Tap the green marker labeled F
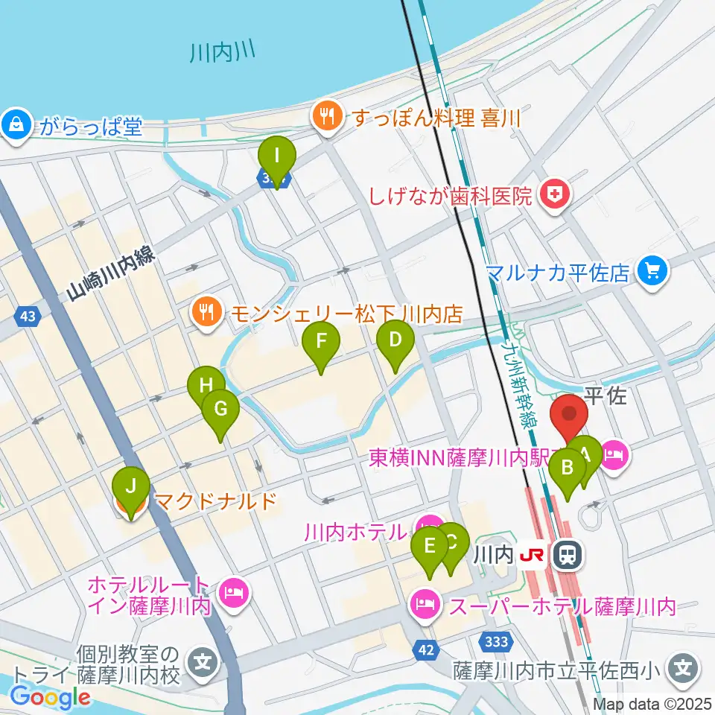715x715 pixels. click(321, 342)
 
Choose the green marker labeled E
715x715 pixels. click(430, 546)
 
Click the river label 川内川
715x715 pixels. click(223, 52)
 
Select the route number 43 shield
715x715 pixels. click(28, 317)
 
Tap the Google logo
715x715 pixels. click(51, 696)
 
